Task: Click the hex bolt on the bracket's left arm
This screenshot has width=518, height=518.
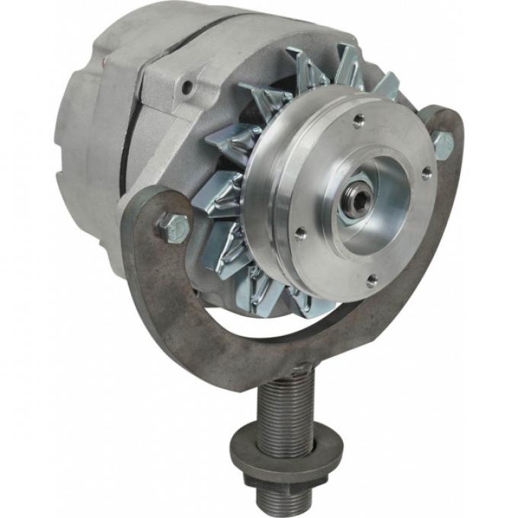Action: (x=173, y=226)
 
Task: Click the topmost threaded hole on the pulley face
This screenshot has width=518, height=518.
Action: (x=358, y=120)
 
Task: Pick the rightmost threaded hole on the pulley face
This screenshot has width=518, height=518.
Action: (x=427, y=174)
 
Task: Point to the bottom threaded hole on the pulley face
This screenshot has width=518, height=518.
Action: (x=371, y=280)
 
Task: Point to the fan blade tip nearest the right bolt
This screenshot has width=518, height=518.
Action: (x=388, y=84)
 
